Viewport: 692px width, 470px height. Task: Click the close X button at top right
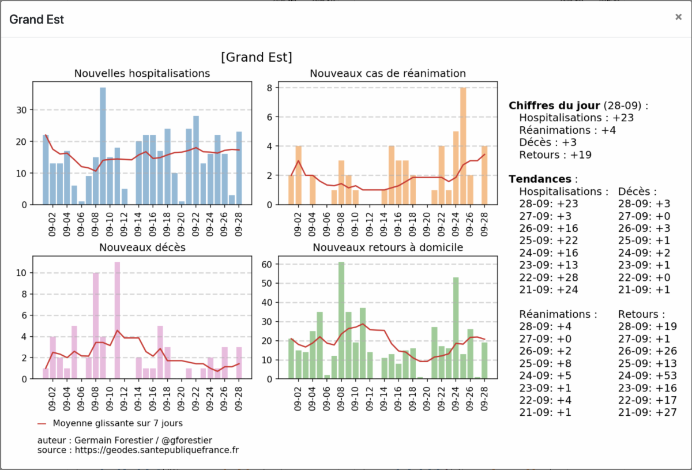[678, 17]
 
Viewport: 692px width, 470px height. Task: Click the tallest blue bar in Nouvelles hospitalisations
[103, 146]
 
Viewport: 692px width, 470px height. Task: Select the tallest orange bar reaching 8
[462, 146]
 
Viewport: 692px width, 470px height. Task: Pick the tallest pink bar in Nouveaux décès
[117, 320]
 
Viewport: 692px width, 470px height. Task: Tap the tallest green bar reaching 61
[341, 320]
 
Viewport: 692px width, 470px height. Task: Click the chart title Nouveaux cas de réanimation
[388, 74]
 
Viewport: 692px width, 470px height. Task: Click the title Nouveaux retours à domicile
[388, 247]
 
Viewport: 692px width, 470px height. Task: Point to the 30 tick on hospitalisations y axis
[21, 110]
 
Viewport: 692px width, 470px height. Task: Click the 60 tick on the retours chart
[266, 264]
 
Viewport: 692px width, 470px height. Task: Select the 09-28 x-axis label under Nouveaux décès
[238, 398]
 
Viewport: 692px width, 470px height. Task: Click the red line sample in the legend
[42, 424]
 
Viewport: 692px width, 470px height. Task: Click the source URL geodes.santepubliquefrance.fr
[157, 450]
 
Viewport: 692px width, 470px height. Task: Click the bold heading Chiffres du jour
[554, 106]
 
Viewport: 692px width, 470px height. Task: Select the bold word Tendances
[540, 179]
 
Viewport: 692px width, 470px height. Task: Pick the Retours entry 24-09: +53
[647, 376]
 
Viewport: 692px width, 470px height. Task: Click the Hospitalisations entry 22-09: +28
[548, 277]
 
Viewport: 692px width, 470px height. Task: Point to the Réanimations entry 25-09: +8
[546, 363]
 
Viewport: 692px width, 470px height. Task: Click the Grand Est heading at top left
[36, 20]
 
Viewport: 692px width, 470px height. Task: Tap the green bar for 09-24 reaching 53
[456, 328]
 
